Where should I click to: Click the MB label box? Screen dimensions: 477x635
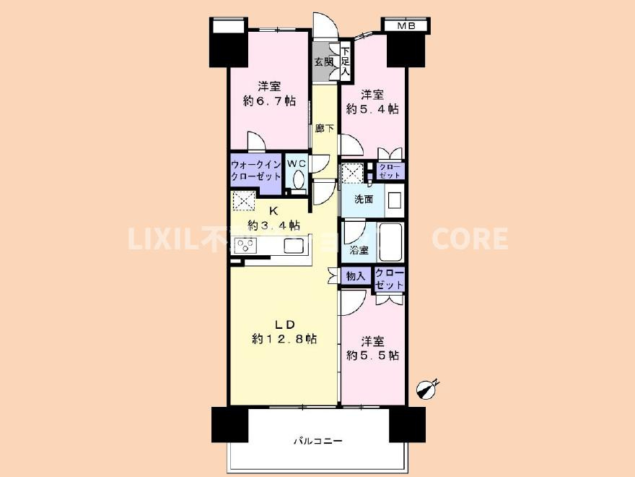click(404, 27)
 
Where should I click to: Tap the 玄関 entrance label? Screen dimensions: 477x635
click(323, 62)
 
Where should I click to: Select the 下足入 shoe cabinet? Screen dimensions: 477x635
click(345, 61)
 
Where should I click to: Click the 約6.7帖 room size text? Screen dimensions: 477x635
click(269, 101)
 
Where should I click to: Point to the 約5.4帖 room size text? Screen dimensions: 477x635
click(372, 109)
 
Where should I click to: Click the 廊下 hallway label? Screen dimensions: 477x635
click(325, 129)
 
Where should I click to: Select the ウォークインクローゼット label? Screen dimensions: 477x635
click(255, 171)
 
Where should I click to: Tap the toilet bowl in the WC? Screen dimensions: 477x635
click(298, 181)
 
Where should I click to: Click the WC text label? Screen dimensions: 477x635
click(297, 164)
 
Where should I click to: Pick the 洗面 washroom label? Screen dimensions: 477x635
click(363, 199)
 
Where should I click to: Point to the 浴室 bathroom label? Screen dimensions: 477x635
click(359, 250)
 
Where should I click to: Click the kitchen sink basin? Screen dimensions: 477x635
click(294, 246)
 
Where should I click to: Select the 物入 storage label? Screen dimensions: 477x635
click(355, 275)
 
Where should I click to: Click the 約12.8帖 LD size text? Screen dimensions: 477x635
click(285, 338)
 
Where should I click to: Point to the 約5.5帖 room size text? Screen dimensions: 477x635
click(372, 355)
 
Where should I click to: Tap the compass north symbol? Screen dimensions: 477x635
click(428, 389)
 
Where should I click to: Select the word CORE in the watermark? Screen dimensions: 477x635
click(470, 239)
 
